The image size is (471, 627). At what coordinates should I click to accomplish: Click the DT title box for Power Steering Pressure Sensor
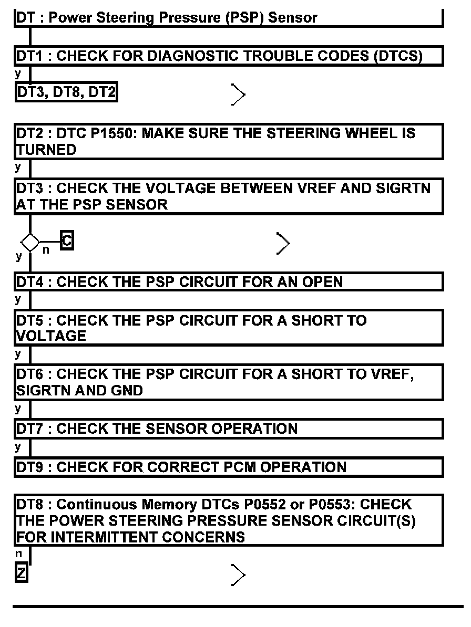(x=229, y=18)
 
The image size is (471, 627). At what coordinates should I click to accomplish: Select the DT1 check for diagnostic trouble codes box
(x=229, y=56)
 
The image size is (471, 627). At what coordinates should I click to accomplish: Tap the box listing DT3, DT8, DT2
(x=66, y=93)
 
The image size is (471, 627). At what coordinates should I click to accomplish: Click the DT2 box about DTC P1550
(x=229, y=141)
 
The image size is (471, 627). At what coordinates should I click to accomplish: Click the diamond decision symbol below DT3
(x=30, y=242)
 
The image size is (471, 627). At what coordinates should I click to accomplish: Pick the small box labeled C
(x=67, y=241)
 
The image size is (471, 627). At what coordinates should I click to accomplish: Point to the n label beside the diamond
(x=46, y=250)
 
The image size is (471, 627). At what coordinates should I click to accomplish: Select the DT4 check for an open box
(x=229, y=281)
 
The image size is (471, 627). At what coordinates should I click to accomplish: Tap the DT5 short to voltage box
(x=229, y=328)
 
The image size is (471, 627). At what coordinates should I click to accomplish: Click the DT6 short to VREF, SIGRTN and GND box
(x=229, y=382)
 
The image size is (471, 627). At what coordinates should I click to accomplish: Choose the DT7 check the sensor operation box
(x=229, y=429)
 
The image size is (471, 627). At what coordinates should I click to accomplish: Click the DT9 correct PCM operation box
(x=229, y=467)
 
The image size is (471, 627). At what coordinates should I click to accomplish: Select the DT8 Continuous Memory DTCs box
(x=229, y=520)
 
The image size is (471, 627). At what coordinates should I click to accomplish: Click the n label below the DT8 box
(x=18, y=553)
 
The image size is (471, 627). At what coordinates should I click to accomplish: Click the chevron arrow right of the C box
(x=283, y=243)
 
